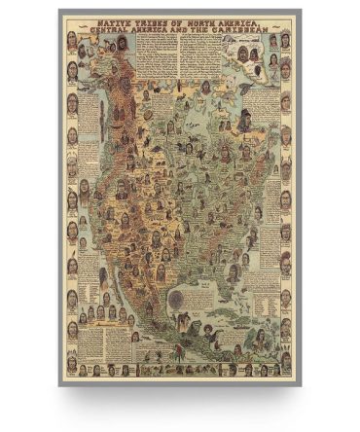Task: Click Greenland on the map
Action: click(x=243, y=68)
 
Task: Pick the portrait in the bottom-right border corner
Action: click(x=286, y=371)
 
